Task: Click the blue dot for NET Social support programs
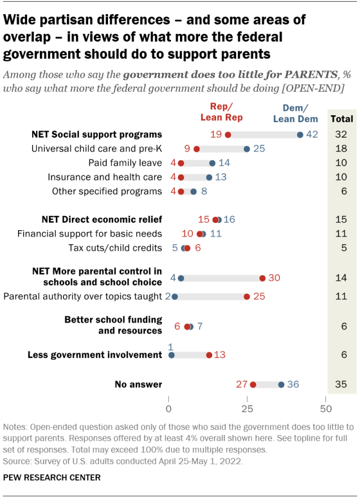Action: pyautogui.click(x=300, y=134)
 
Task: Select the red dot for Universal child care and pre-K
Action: pyautogui.click(x=196, y=149)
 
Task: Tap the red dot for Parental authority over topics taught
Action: pyautogui.click(x=247, y=295)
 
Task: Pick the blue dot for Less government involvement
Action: pyautogui.click(x=172, y=355)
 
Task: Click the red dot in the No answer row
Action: pyautogui.click(x=253, y=384)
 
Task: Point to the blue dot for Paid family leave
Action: pyautogui.click(x=212, y=163)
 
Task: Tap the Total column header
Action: pyautogui.click(x=342, y=119)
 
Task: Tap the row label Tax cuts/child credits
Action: pyautogui.click(x=115, y=248)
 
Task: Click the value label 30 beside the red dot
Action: pyautogui.click(x=274, y=278)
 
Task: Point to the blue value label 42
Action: pyautogui.click(x=313, y=134)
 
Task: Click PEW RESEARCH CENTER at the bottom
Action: pyautogui.click(x=52, y=478)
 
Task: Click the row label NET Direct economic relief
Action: pyautogui.click(x=102, y=219)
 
